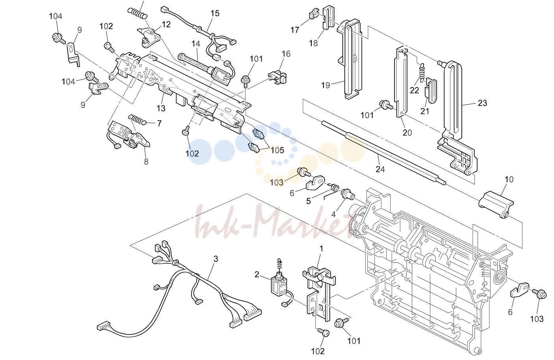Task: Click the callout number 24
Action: (380, 169)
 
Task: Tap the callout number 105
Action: (277, 150)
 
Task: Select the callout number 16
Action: (286, 54)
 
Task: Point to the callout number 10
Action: (509, 179)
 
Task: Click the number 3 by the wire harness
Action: (216, 259)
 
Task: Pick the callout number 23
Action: (482, 103)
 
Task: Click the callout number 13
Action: (161, 108)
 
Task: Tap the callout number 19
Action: (325, 85)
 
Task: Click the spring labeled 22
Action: (422, 71)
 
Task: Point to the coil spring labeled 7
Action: (137, 119)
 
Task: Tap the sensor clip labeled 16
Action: (278, 76)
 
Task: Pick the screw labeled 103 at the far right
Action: (540, 295)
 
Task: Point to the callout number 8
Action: (146, 161)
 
